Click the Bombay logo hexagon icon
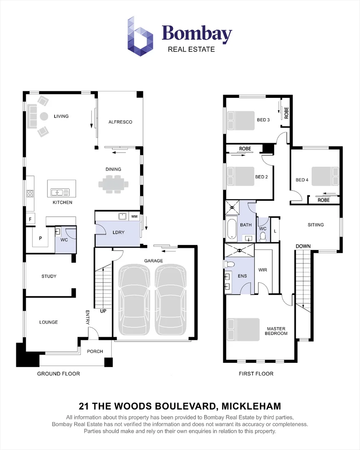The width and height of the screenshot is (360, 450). click(140, 36)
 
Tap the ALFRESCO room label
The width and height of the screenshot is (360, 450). click(120, 122)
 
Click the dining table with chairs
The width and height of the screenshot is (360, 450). click(111, 183)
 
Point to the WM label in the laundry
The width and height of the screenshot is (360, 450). click(134, 217)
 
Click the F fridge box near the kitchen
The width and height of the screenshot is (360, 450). click(30, 219)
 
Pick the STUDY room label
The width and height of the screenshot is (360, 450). click(49, 276)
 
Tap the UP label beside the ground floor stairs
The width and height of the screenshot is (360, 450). click(103, 311)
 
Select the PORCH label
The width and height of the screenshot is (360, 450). click(95, 351)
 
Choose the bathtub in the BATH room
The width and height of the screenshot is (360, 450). click(231, 229)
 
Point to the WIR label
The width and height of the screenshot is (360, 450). click(262, 270)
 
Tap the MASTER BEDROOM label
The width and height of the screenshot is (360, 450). click(277, 331)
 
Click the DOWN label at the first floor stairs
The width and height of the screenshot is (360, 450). click(303, 246)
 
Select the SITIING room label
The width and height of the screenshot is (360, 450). click(315, 225)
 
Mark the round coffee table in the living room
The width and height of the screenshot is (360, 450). click(44, 116)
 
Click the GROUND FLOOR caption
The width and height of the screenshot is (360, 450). click(58, 374)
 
